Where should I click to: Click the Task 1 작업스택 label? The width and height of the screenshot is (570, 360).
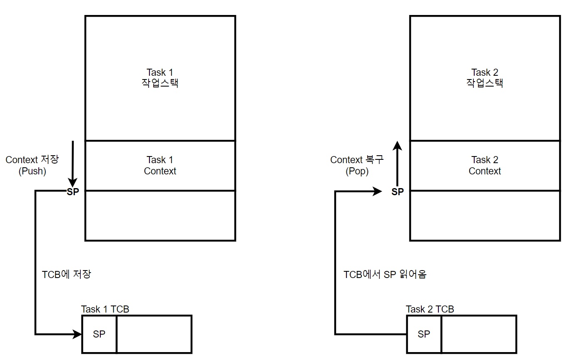coord(160,78)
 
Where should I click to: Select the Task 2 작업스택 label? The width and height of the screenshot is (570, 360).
coord(485,78)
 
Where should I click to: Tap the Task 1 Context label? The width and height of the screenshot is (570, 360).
coord(160,165)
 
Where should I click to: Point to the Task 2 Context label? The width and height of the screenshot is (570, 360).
coord(485,165)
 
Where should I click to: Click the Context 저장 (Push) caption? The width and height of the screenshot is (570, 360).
coord(32,165)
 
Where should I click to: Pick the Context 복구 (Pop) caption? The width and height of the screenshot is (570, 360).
coord(357,165)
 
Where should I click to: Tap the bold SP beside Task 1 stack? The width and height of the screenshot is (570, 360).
coord(72,192)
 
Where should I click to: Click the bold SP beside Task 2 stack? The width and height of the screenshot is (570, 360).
coord(398,192)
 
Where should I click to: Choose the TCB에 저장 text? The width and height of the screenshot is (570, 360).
coord(66,275)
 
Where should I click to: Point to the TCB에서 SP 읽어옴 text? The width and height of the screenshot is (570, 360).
coord(385,275)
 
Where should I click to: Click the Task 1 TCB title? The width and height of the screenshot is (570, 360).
coord(105,309)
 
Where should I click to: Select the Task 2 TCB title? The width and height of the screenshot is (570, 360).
coord(430,309)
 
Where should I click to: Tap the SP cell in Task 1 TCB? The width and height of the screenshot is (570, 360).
coord(99,334)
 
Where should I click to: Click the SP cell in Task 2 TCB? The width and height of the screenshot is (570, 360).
coord(424,334)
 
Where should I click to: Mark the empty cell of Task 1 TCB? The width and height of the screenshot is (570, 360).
coord(154,334)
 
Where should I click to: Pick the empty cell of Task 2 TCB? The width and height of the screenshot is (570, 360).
coord(479,334)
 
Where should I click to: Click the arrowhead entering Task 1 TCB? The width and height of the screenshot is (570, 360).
coord(77,334)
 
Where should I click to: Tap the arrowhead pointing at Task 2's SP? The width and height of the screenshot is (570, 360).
coord(377,191)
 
